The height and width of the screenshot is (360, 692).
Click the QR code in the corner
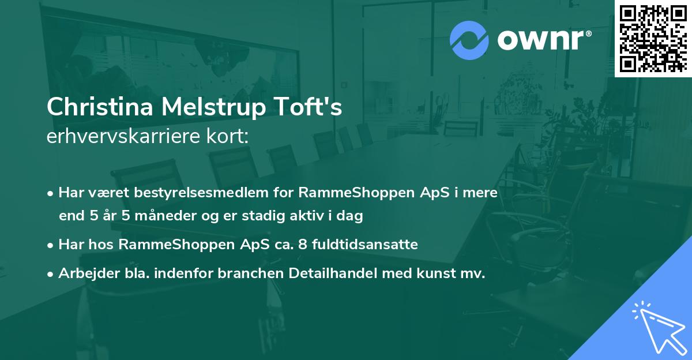click(653, 38)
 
